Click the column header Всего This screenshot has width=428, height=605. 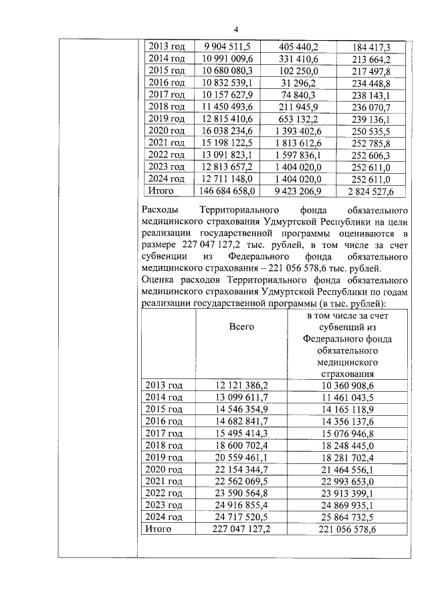click(241, 326)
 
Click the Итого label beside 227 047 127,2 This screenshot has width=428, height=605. click(159, 529)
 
